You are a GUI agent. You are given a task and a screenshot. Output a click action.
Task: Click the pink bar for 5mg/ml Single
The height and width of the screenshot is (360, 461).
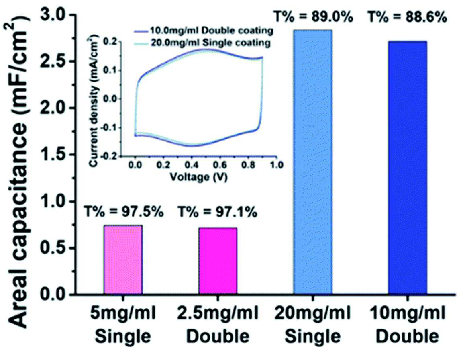pyautogui.click(x=123, y=260)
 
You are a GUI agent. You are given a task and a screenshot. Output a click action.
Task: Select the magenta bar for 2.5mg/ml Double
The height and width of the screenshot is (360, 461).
pyautogui.click(x=218, y=261)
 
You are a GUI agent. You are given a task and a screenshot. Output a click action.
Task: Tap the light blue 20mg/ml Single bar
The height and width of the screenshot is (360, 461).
pyautogui.click(x=313, y=162)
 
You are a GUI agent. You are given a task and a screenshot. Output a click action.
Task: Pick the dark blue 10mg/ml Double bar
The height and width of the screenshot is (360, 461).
pyautogui.click(x=408, y=168)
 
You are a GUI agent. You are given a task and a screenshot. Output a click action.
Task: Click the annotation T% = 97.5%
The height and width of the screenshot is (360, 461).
pyautogui.click(x=124, y=212)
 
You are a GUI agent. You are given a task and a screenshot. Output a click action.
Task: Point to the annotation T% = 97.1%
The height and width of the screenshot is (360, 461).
pyautogui.click(x=218, y=212)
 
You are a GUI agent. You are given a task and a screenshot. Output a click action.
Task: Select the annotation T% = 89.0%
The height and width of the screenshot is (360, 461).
pyautogui.click(x=313, y=17)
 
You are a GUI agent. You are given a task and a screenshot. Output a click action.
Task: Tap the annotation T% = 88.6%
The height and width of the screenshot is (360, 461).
pyautogui.click(x=408, y=17)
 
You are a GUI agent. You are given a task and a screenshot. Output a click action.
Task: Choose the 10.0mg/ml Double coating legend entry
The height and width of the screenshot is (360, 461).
pyautogui.click(x=204, y=31)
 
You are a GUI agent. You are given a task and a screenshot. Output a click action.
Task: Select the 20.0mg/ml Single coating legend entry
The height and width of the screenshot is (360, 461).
pyautogui.click(x=202, y=43)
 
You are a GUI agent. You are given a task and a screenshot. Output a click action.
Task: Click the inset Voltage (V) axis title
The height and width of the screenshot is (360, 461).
pyautogui.click(x=199, y=177)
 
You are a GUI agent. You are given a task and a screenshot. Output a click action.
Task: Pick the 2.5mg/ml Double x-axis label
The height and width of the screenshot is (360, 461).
pyautogui.click(x=218, y=325)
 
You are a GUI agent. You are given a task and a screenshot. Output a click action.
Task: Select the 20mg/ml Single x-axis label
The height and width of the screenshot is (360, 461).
pyautogui.click(x=313, y=325)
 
